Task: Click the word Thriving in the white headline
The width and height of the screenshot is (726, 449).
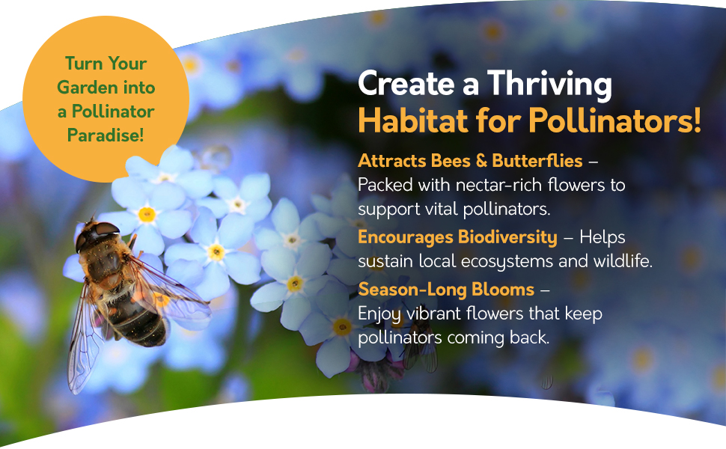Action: (549, 85)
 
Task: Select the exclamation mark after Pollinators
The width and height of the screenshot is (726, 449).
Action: (698, 120)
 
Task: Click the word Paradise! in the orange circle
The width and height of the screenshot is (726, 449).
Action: (106, 135)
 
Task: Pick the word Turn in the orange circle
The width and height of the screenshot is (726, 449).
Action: (82, 64)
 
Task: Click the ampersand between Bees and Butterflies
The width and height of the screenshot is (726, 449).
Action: (481, 161)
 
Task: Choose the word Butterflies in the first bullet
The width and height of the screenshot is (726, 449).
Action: (537, 161)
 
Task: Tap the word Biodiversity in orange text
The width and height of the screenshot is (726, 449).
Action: (507, 237)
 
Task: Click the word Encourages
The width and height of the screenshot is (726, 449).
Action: (406, 237)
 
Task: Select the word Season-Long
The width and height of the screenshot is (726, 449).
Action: (412, 290)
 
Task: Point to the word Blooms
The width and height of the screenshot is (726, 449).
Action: (503, 290)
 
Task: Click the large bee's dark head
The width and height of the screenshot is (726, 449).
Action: (97, 235)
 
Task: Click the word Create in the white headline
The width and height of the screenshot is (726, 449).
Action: (406, 85)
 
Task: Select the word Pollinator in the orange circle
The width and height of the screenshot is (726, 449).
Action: (113, 112)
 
